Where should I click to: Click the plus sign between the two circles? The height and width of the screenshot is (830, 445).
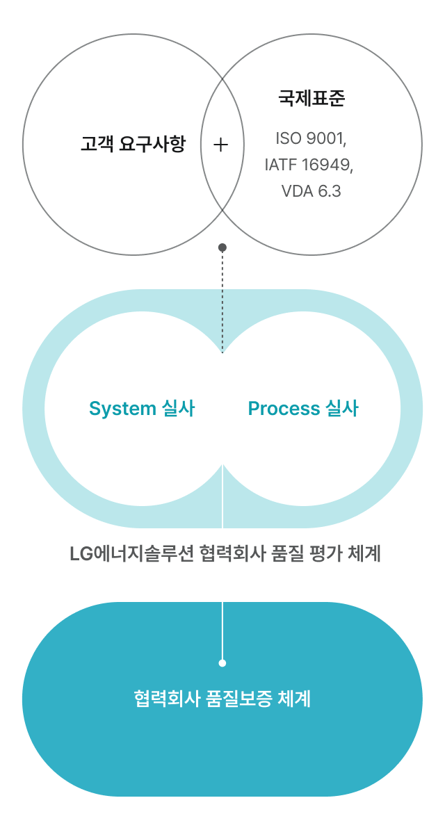220,145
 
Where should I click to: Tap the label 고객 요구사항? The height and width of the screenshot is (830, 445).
133,145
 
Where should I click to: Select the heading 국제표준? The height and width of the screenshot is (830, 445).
311,98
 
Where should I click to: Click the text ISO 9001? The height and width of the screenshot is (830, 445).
311,138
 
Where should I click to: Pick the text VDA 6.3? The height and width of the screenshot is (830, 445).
311,191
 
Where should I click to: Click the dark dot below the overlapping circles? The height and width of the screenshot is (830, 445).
222,247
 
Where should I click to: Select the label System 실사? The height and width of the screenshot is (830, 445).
142,409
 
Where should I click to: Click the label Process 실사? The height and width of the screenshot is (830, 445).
303,409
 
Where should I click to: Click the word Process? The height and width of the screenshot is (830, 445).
284,409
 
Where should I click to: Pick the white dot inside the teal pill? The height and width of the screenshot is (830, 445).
222,663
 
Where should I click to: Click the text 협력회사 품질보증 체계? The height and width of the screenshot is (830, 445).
222,699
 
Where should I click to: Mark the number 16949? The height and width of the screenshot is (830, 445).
327,165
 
